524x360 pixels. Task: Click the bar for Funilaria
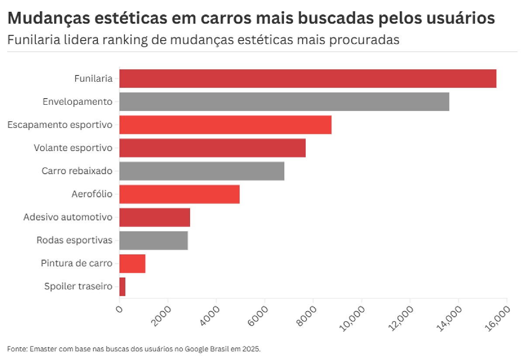tap(307, 79)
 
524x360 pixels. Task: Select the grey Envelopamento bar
tap(284, 102)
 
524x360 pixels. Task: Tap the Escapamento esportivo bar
tap(225, 125)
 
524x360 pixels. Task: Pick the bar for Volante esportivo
tap(212, 148)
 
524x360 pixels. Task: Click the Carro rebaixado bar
tap(201, 171)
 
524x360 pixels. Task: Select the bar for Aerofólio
tap(179, 194)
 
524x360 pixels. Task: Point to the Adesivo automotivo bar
tap(154, 217)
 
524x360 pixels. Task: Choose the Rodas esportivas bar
tap(153, 240)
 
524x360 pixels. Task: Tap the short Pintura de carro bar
tap(132, 264)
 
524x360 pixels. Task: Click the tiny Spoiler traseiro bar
tap(122, 287)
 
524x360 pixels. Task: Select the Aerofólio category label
tap(92, 194)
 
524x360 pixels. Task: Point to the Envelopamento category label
tap(77, 102)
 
